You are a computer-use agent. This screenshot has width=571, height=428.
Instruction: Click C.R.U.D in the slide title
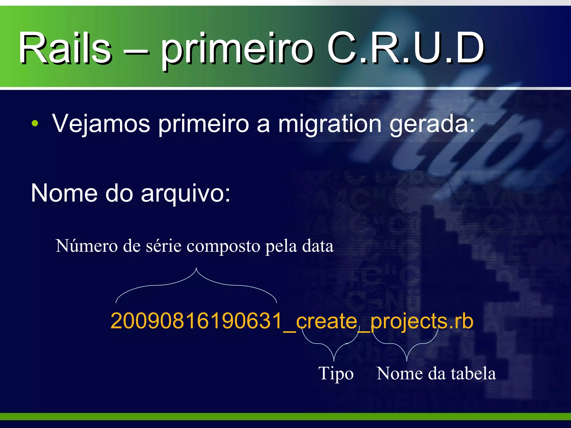click(406, 48)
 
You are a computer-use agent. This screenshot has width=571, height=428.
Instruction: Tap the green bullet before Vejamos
click(35, 123)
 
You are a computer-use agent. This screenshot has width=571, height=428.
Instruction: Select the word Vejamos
click(101, 123)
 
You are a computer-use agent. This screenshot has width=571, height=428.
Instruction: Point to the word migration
click(330, 123)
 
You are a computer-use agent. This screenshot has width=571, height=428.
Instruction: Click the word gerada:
click(432, 123)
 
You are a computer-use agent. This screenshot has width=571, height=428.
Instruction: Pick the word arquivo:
click(186, 193)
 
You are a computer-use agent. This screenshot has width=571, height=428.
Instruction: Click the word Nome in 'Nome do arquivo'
click(64, 193)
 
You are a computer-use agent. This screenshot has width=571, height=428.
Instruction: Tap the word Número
click(86, 246)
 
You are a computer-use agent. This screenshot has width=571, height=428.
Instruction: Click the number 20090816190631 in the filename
click(197, 321)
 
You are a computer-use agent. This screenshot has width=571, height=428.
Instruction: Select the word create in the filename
click(326, 321)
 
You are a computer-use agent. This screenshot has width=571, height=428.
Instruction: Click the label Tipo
click(336, 373)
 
